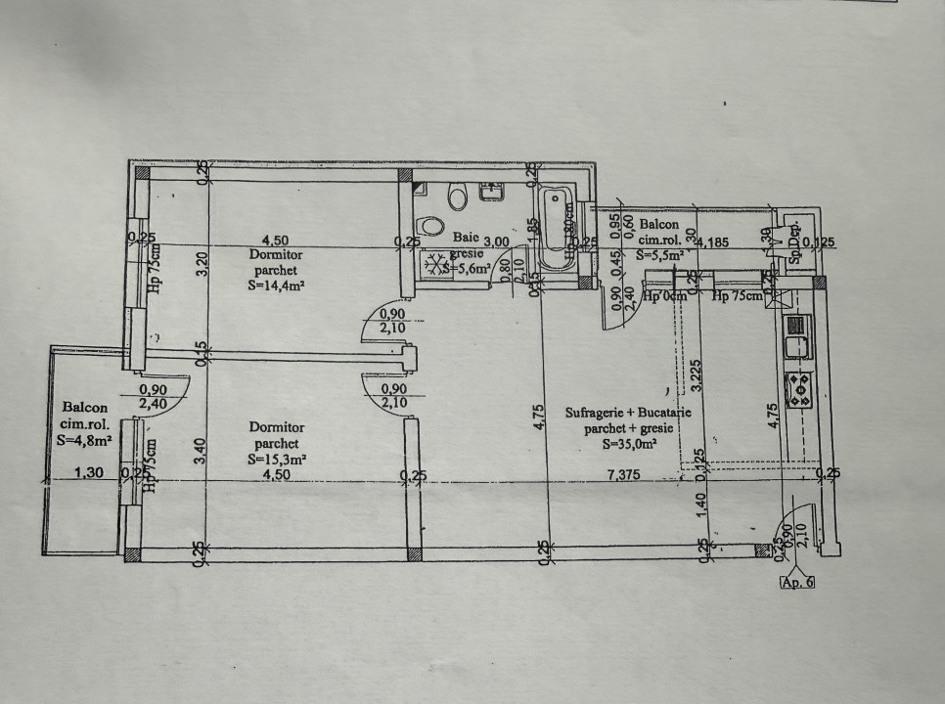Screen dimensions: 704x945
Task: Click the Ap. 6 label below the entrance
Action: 796,582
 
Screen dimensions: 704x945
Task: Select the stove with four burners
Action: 797,389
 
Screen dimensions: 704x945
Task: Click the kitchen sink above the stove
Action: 794,344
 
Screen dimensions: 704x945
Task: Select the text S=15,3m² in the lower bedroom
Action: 277,459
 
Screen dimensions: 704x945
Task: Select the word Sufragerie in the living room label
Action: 596,413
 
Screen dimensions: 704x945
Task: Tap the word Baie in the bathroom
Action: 464,236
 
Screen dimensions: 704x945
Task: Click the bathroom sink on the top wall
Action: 491,192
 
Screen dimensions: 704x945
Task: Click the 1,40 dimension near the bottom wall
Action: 701,505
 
